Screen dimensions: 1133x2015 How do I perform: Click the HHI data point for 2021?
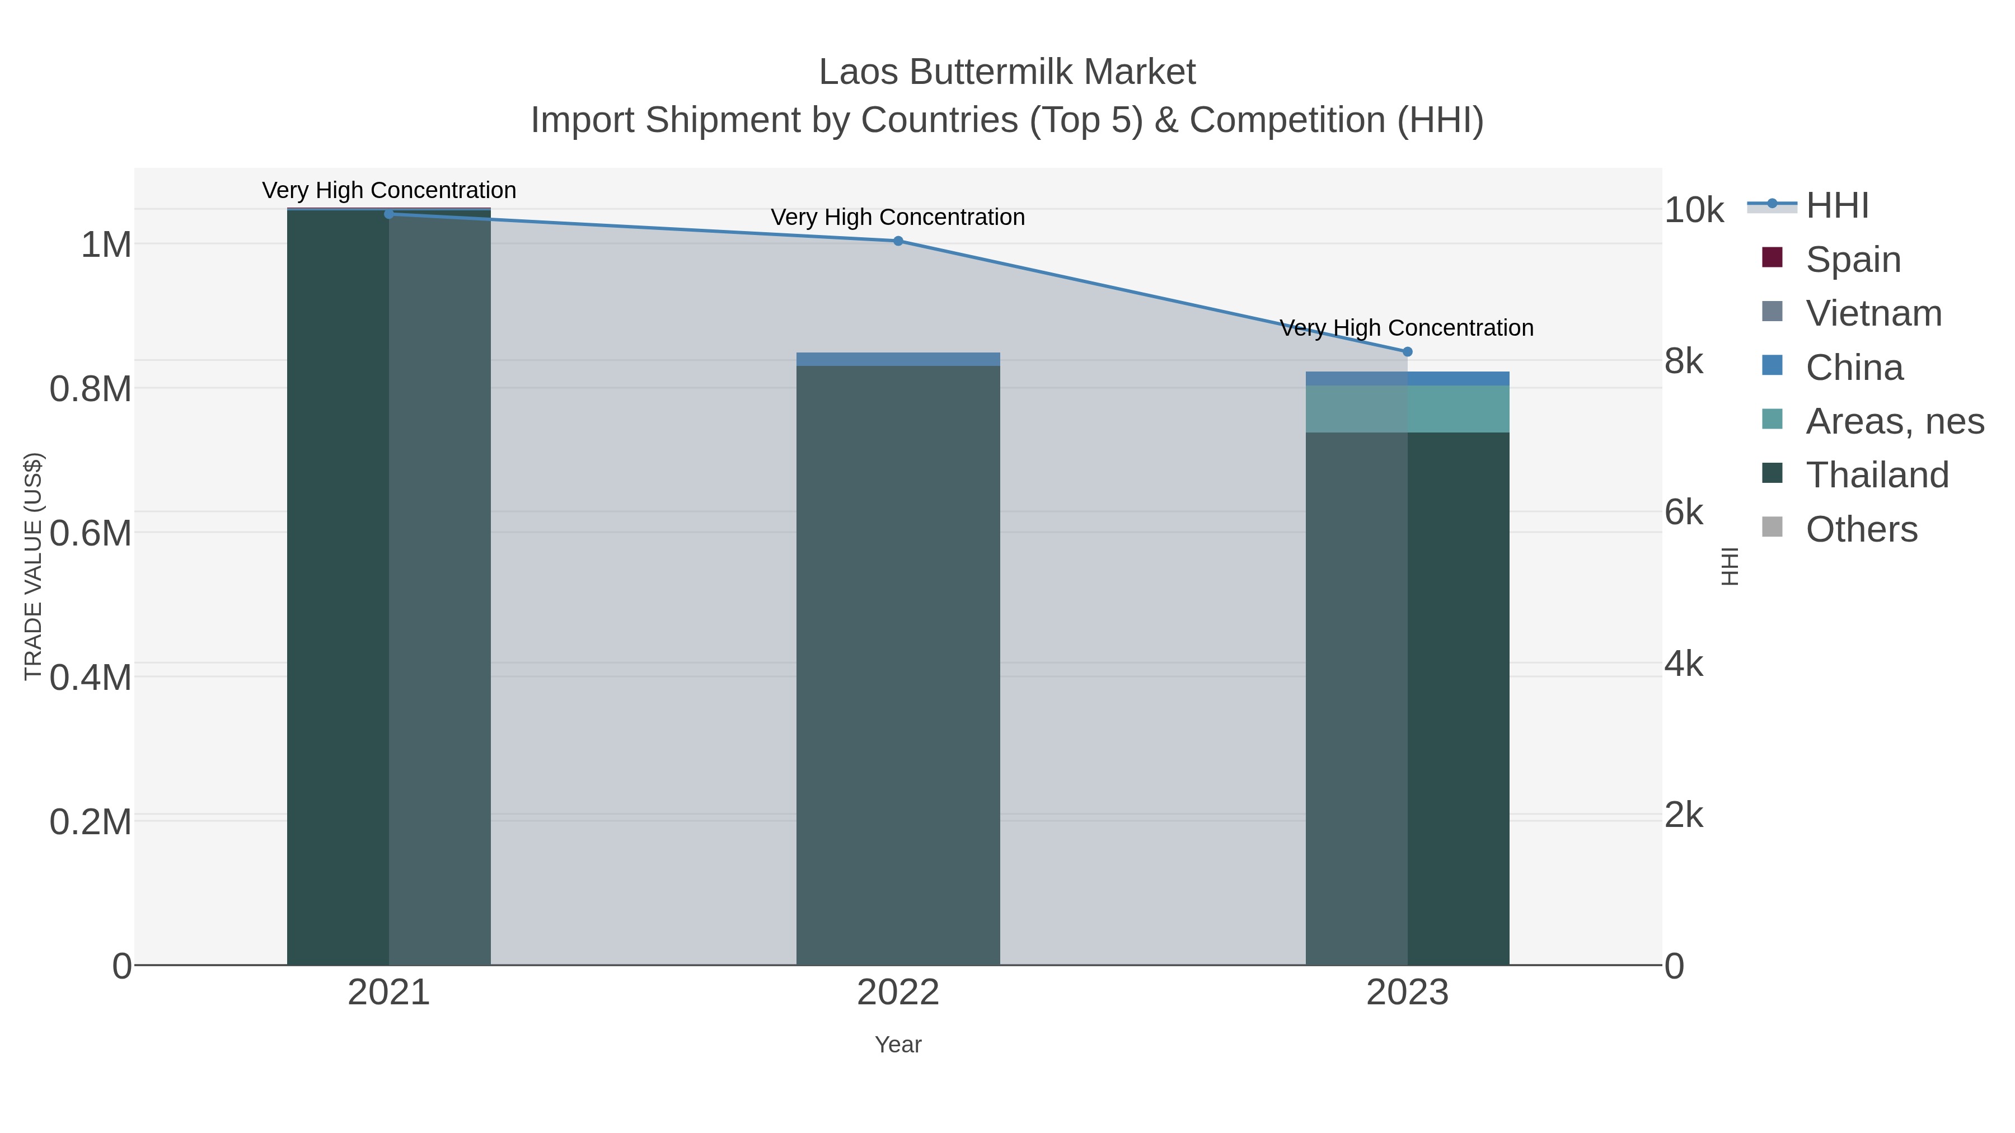(389, 214)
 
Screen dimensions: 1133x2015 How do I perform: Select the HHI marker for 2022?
(898, 241)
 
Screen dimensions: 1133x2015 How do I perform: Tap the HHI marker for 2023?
(1407, 352)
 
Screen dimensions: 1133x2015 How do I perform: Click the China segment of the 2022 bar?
(898, 359)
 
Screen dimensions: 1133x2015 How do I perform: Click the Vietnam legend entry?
(1873, 313)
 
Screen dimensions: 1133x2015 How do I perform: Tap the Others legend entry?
(1861, 529)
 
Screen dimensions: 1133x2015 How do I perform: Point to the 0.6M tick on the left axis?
(91, 533)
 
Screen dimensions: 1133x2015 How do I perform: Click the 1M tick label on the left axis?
(106, 245)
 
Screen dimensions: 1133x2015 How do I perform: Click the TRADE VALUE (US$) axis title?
(34, 566)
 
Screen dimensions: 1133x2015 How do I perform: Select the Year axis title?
(898, 1045)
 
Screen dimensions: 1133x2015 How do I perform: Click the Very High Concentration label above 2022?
(898, 218)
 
